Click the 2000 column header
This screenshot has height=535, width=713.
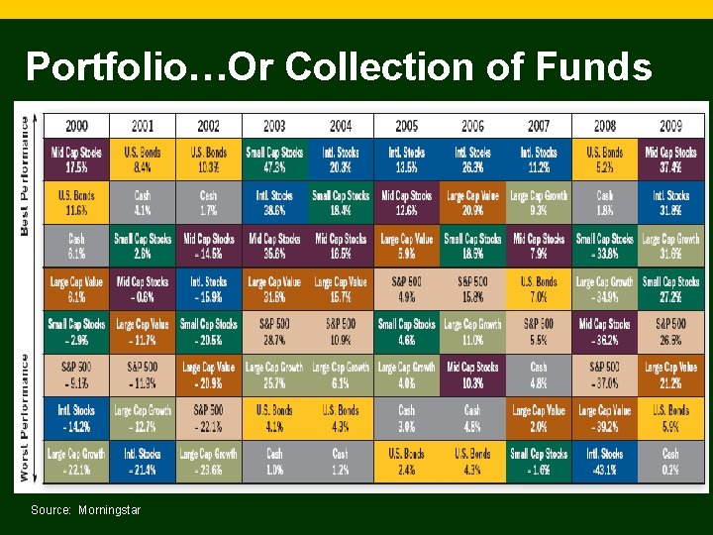click(76, 126)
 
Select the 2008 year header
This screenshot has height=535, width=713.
click(605, 126)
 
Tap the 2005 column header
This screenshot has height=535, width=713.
click(407, 126)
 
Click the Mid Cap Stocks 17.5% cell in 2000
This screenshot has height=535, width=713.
click(76, 160)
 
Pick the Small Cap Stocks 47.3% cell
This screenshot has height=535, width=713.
click(274, 160)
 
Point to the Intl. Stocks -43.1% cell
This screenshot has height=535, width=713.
click(605, 461)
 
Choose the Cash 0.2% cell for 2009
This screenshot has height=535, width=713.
click(670, 461)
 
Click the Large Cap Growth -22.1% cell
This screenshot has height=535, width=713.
click(76, 461)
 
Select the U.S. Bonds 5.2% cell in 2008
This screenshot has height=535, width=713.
click(605, 160)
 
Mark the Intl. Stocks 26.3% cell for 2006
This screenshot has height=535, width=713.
click(472, 160)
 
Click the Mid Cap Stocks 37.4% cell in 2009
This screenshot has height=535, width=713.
click(670, 160)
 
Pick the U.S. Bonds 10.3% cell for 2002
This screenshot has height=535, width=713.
click(209, 160)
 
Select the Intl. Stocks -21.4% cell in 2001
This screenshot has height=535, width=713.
click(143, 461)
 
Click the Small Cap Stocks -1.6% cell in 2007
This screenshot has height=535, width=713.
click(539, 461)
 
